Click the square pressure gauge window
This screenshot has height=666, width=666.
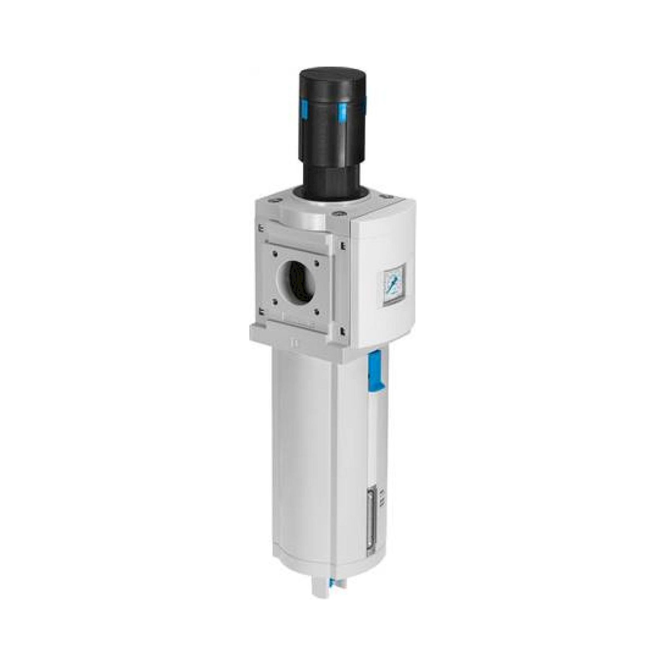tap(393, 284)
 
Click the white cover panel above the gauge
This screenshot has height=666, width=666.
tap(383, 238)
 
